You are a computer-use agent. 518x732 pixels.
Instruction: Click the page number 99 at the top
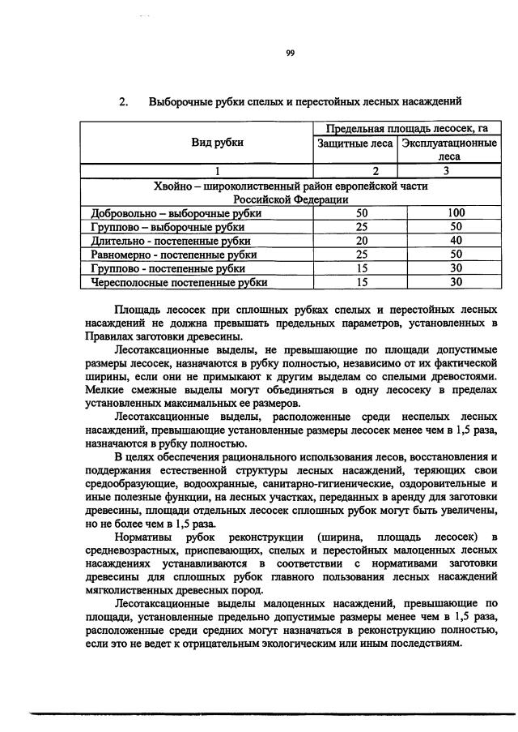click(290, 54)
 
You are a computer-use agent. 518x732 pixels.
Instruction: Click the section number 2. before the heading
click(125, 102)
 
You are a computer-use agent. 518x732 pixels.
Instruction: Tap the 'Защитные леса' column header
click(354, 143)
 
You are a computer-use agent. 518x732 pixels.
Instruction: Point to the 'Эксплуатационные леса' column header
click(448, 149)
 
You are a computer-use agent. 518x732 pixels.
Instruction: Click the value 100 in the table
click(456, 213)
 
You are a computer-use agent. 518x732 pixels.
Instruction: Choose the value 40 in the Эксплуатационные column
click(456, 241)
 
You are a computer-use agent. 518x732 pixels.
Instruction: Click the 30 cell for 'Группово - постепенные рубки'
click(456, 268)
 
